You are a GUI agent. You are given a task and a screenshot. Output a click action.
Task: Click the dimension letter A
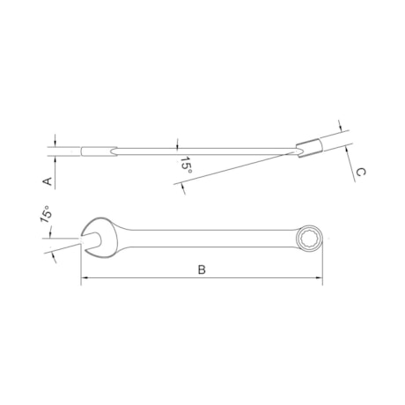click(48, 180)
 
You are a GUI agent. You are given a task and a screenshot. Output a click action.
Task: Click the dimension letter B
click(202, 270)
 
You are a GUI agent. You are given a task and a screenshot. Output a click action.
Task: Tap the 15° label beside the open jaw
click(44, 216)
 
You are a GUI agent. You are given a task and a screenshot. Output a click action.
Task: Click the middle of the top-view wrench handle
click(202, 235)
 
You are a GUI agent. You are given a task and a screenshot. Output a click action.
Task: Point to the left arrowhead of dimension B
click(85, 281)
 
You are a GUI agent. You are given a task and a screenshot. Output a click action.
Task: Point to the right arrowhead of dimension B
click(320, 281)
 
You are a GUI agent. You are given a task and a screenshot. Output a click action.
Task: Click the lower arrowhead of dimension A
click(55, 160)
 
